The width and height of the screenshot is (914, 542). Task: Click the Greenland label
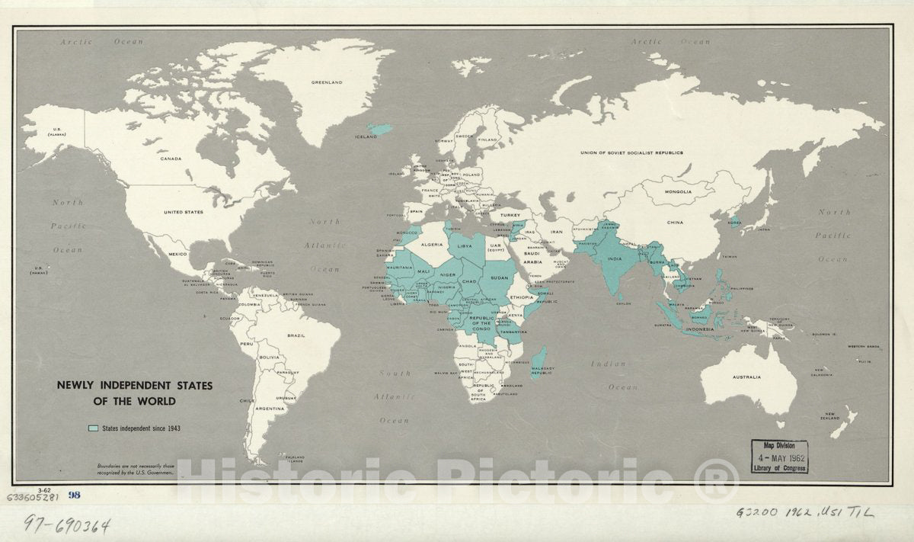(x=327, y=82)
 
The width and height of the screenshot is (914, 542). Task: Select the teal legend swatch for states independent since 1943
(x=94, y=428)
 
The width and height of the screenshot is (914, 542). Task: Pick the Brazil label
(x=296, y=335)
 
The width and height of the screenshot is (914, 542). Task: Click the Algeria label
(x=432, y=245)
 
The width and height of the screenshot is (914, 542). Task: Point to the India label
(x=615, y=258)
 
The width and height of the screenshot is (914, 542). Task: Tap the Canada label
(x=171, y=159)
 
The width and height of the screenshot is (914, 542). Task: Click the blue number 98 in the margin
(x=74, y=495)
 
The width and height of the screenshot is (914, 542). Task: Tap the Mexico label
(x=177, y=253)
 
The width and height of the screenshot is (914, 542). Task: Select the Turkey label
(x=510, y=216)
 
